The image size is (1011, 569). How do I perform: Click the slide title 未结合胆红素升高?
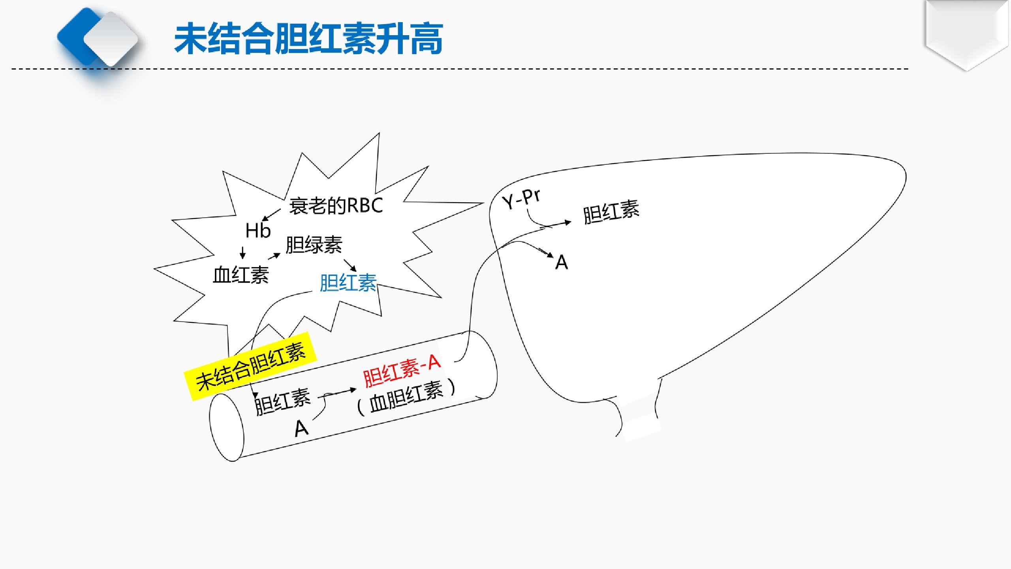pos(308,39)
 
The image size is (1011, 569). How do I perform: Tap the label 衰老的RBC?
pos(336,205)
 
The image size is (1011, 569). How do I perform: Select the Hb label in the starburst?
pos(258,230)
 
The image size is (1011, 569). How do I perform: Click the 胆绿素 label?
pos(314,245)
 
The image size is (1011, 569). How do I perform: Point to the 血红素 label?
pos(241,275)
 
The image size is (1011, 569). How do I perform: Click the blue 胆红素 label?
pos(348,283)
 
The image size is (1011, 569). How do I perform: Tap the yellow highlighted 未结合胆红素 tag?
pos(251,366)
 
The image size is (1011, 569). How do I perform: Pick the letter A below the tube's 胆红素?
pos(301,428)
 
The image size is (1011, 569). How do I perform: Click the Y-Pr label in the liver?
pos(521,199)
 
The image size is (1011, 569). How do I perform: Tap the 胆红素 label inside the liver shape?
pos(611,212)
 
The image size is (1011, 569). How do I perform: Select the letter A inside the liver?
pos(562,262)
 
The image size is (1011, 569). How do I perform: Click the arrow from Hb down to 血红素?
pos(243,253)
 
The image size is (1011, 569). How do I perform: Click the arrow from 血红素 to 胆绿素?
pos(274,256)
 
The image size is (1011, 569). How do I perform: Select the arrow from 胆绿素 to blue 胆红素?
pos(350,265)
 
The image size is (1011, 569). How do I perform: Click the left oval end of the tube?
pos(227,427)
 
